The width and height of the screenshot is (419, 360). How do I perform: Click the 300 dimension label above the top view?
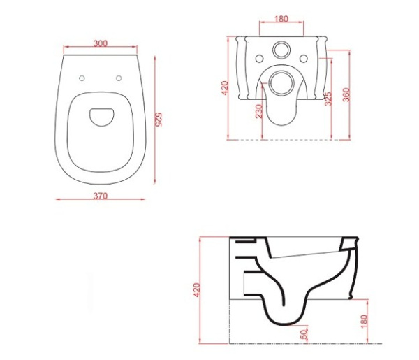tap(101, 43)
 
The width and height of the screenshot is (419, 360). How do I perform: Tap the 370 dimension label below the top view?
tap(101, 196)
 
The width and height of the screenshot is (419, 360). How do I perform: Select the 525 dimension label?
tap(159, 120)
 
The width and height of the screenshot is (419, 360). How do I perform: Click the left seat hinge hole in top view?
tap(82, 78)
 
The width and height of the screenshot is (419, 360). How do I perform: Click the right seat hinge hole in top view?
tap(119, 78)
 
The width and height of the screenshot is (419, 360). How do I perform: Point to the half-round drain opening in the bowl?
tap(101, 117)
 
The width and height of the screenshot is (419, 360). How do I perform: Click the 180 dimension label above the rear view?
tap(281, 19)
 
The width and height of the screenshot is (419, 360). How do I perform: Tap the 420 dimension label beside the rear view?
tap(225, 87)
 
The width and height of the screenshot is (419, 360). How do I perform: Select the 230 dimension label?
tap(259, 111)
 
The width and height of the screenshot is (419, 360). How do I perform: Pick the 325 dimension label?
tap(328, 99)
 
